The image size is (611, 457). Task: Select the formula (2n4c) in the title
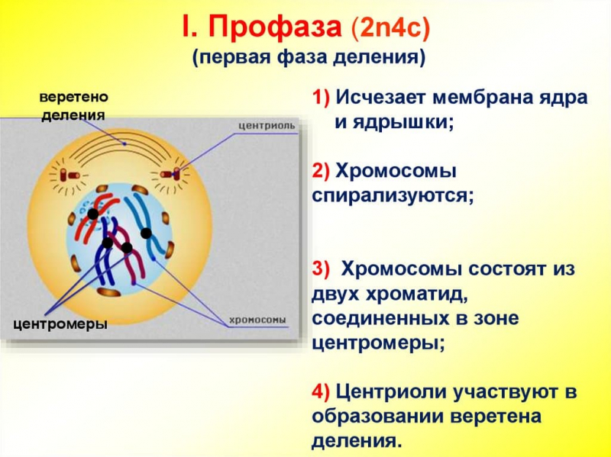click(391, 30)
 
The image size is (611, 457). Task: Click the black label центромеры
click(60, 324)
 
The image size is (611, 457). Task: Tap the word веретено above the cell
click(73, 98)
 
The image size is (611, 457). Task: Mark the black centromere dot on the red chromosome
click(92, 214)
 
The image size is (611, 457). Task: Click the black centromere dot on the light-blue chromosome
click(146, 233)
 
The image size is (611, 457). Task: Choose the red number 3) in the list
click(322, 269)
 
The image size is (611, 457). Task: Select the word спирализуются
click(393, 195)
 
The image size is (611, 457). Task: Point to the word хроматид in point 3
click(412, 294)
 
